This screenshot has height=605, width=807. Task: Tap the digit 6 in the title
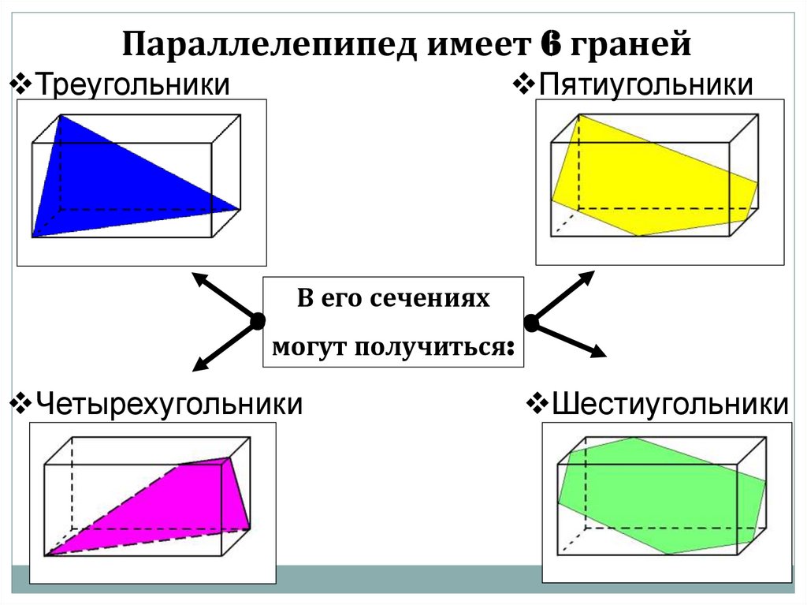[550, 45]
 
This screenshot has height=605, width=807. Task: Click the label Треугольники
[130, 84]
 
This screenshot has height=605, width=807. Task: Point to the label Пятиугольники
[645, 84]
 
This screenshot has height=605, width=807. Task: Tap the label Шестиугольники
[670, 405]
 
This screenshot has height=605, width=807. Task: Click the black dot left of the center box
[257, 321]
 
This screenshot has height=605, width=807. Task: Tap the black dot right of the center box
[531, 322]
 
